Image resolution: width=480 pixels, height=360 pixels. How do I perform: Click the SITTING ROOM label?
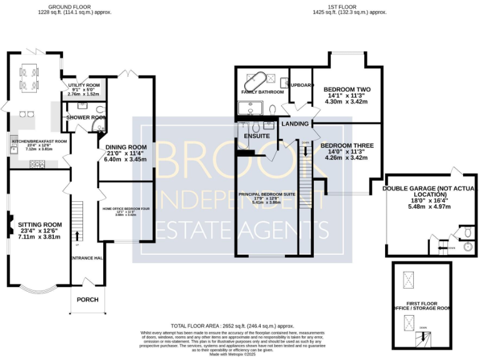click(40, 224)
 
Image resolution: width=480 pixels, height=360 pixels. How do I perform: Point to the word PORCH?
click(87, 299)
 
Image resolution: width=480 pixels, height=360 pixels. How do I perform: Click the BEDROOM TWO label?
click(342, 90)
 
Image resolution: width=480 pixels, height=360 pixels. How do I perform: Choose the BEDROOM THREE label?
click(347, 146)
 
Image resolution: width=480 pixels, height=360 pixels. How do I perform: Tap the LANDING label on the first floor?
click(295, 124)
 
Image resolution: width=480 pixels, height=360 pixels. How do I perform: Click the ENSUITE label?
click(257, 136)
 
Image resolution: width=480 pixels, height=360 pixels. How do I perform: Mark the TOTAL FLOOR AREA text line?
click(232, 326)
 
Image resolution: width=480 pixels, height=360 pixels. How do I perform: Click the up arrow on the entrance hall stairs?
click(77, 236)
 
